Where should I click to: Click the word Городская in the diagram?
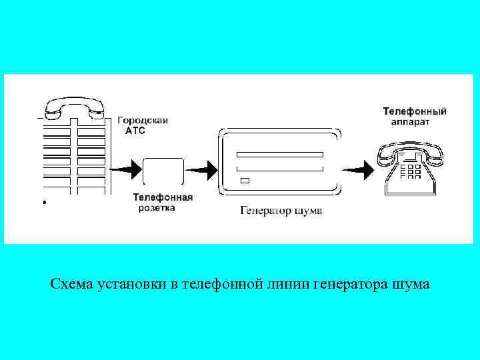[x=143, y=121]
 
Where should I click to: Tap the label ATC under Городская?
[x=135, y=131]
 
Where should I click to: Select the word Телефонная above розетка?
[x=163, y=197]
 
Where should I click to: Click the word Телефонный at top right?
[x=414, y=111]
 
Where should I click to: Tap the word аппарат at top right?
[x=409, y=122]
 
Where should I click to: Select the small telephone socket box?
[x=163, y=170]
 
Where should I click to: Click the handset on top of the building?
[x=74, y=105]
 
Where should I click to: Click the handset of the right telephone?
[x=410, y=149]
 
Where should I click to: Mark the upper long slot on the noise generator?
[x=280, y=154]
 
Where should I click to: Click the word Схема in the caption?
[x=71, y=285]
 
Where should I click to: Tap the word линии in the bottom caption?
[x=293, y=285]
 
